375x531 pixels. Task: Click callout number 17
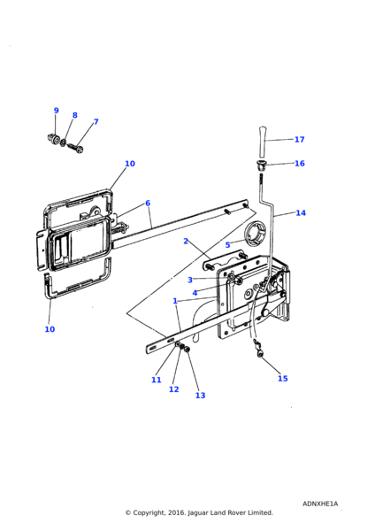tap(299, 139)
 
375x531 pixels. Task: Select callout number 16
tap(299, 163)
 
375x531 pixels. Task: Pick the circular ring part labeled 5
tap(256, 234)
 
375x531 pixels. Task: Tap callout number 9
tap(56, 111)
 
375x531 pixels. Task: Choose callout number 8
tap(74, 115)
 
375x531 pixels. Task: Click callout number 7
tap(96, 122)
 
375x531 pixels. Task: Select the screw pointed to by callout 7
tap(78, 147)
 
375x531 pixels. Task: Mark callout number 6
tap(148, 203)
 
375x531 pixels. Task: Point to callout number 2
tap(186, 241)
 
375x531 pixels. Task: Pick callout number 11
tap(157, 380)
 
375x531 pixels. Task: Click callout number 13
tap(200, 395)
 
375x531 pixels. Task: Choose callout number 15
tap(282, 379)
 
